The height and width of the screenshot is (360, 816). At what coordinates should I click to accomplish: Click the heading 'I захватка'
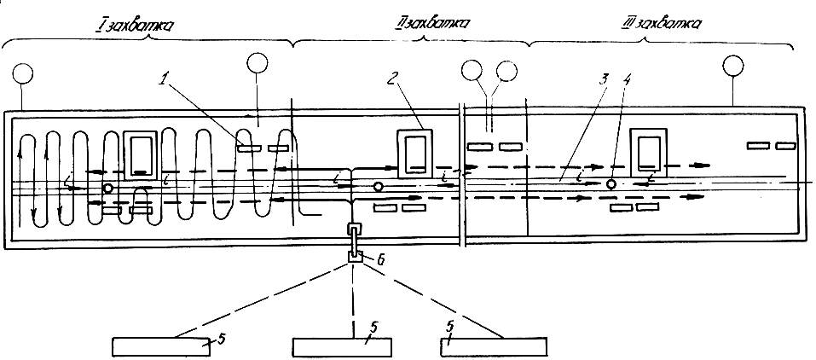[x=134, y=26]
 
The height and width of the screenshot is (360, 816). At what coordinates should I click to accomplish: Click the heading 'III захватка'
[x=662, y=24]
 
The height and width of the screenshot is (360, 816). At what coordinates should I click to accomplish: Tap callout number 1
[x=165, y=81]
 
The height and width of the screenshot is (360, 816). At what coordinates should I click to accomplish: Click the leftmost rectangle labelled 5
[x=161, y=347]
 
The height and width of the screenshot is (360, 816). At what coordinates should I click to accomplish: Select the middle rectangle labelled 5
[x=342, y=347]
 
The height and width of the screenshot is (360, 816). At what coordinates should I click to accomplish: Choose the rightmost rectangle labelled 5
[x=494, y=347]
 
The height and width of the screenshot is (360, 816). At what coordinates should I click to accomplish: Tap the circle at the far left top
[x=22, y=73]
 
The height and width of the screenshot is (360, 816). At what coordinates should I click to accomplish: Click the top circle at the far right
[x=732, y=65]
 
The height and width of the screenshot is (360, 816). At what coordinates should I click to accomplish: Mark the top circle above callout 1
[x=258, y=62]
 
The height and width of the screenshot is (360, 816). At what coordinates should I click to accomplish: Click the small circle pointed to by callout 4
[x=611, y=184]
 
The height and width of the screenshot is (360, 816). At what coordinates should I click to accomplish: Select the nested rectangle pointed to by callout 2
[x=414, y=153]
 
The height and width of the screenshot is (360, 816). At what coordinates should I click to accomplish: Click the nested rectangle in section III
[x=648, y=151]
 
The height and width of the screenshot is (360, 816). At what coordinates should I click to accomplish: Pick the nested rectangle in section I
[x=141, y=154]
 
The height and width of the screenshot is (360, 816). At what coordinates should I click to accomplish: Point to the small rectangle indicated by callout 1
[x=248, y=148]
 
